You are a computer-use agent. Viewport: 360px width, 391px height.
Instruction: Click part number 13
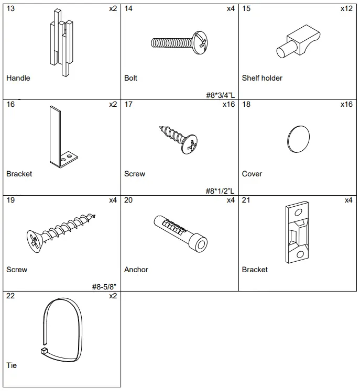tap(10, 8)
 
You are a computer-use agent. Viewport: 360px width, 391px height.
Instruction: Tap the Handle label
tap(18, 78)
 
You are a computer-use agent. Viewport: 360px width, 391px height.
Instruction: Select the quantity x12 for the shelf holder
tap(346, 8)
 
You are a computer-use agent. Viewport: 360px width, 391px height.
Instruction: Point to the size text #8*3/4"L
tap(220, 95)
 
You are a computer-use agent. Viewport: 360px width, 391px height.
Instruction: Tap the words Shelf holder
tap(262, 78)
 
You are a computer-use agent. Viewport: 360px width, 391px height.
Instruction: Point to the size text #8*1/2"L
tap(220, 191)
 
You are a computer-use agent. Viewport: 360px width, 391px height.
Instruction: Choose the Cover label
tap(252, 174)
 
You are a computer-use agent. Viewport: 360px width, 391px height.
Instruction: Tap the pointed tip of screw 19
tap(95, 215)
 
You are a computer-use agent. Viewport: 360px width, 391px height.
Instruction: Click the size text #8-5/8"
tap(103, 287)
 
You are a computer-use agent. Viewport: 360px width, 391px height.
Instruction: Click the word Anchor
tap(136, 270)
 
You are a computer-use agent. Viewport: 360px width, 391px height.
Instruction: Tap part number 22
tap(10, 296)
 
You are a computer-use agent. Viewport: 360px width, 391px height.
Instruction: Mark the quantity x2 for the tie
tap(113, 296)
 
